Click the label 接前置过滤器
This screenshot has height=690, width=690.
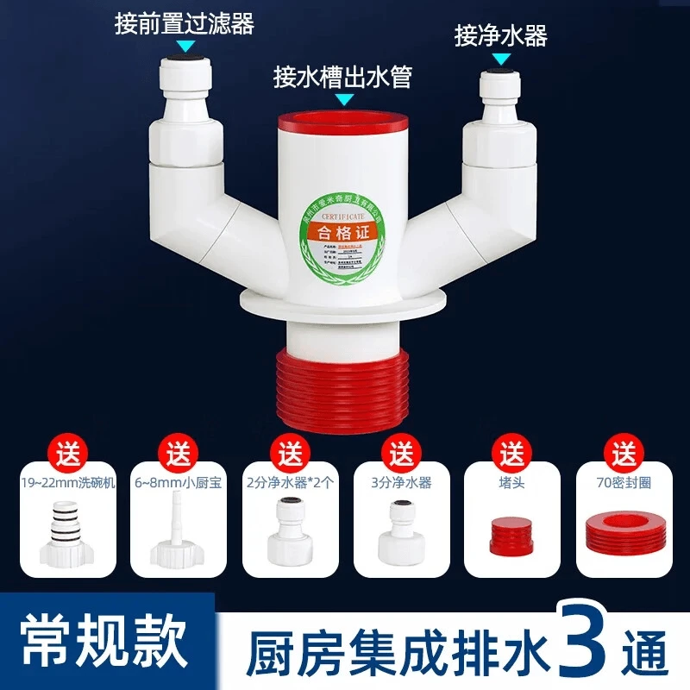[185, 23]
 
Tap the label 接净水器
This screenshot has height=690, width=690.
[501, 35]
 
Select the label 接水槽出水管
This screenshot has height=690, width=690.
[342, 77]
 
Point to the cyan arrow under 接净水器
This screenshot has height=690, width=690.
[500, 58]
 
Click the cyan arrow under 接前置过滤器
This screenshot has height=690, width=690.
[185, 47]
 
